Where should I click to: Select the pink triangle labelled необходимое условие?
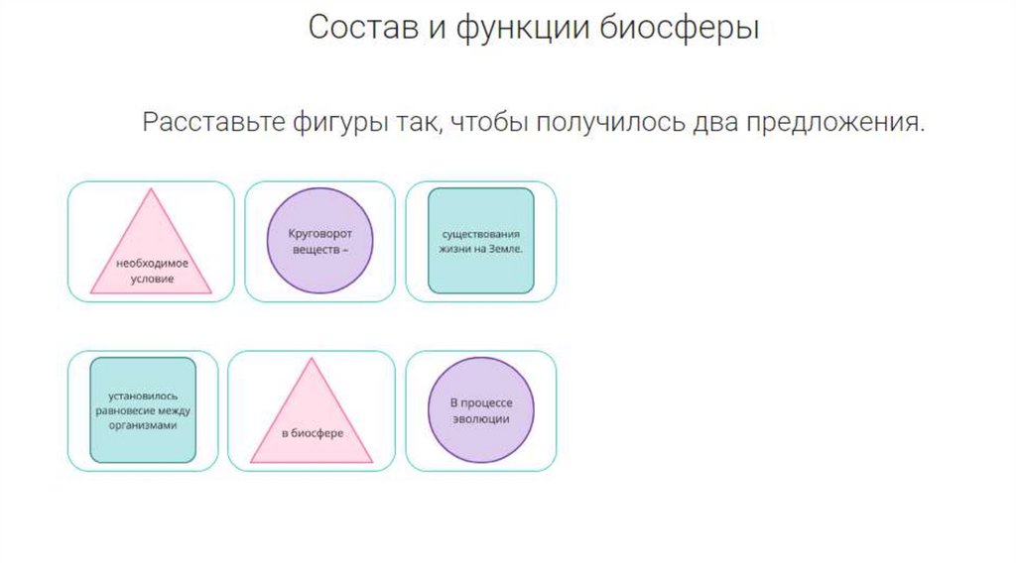[x=151, y=252]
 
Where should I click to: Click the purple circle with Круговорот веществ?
[x=319, y=241]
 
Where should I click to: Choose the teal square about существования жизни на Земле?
[x=480, y=241]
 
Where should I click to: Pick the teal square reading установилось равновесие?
[x=143, y=410]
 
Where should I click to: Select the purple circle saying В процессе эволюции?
[x=480, y=410]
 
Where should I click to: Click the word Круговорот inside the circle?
[x=319, y=234]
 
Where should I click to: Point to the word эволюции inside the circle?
[x=480, y=419]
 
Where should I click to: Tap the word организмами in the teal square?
[x=143, y=425]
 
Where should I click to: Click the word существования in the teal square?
[x=480, y=234]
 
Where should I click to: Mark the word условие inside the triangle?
[x=151, y=280]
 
